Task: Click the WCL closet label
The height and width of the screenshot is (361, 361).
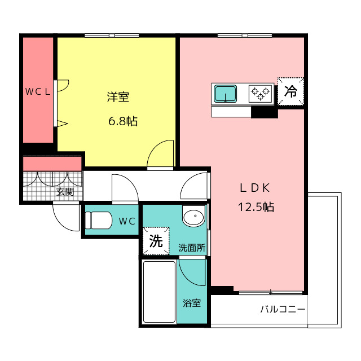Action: (38, 92)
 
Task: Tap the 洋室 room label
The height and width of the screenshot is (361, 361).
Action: (118, 97)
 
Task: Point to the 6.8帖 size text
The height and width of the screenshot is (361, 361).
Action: (123, 121)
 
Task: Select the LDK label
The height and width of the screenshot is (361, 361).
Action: (255, 188)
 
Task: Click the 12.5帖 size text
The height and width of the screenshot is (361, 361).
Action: (256, 207)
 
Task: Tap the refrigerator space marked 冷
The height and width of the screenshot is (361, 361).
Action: (290, 91)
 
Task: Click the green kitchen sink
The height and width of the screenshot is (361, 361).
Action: (226, 94)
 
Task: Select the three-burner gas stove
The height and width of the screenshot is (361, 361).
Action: (260, 94)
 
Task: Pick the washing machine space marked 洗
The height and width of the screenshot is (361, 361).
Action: (156, 241)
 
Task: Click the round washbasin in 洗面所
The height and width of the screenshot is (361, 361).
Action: (193, 216)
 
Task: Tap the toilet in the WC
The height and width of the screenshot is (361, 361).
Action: (98, 221)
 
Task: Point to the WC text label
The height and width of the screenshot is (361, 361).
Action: (127, 221)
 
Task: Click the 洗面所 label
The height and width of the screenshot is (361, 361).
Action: (192, 248)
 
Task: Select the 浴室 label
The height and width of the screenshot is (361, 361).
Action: (192, 303)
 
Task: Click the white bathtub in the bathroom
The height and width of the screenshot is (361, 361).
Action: (159, 292)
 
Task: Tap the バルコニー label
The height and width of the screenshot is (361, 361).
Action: (283, 309)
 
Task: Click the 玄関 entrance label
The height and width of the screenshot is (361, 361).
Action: (65, 192)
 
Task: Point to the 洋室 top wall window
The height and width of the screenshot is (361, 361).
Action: (112, 36)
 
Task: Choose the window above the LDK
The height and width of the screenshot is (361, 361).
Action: (245, 36)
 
